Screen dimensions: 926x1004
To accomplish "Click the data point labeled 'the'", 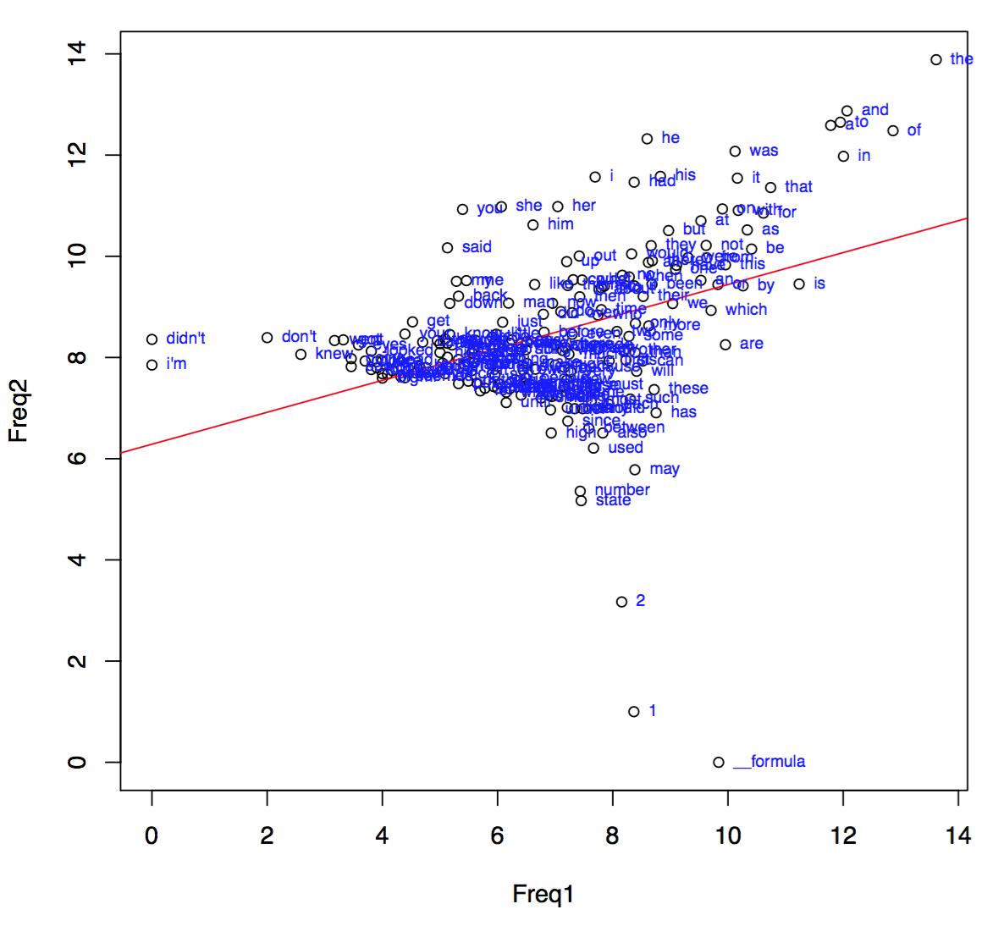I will click(935, 60).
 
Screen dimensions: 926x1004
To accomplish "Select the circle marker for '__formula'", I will click(719, 763).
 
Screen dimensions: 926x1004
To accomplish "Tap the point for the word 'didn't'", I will click(152, 339).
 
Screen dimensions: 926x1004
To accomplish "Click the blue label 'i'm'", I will click(176, 364).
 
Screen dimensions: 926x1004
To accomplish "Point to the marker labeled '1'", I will click(634, 712).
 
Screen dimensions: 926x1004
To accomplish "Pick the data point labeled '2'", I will click(622, 602).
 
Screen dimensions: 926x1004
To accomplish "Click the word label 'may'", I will click(665, 469).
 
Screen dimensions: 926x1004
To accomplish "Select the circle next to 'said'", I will click(448, 248).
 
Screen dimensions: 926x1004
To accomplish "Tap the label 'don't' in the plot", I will click(299, 337).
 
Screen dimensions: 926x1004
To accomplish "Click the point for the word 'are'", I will click(725, 344).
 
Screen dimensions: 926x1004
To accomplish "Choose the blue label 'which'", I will click(746, 310).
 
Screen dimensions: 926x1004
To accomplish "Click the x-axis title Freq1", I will click(543, 894).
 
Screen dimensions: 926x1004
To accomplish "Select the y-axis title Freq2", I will click(19, 411).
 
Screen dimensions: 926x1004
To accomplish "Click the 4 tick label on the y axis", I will click(77, 560).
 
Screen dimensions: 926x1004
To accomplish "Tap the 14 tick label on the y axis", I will click(77, 54).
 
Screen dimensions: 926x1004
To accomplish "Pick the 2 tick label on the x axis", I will click(267, 836).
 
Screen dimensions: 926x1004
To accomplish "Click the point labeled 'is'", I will click(799, 284).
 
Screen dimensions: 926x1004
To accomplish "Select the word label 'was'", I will click(764, 151).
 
